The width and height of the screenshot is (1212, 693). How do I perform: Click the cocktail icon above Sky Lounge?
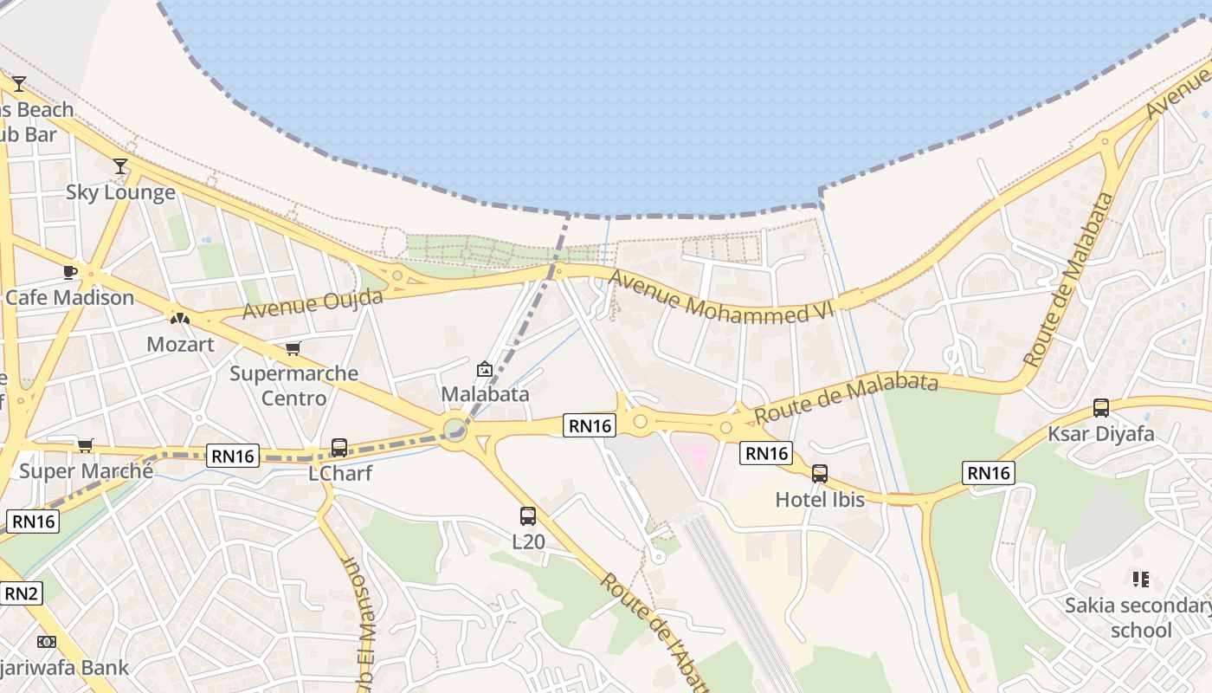click(x=120, y=166)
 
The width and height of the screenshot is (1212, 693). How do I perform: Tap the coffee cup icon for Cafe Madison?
click(x=70, y=272)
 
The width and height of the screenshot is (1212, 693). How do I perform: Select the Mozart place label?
click(x=180, y=344)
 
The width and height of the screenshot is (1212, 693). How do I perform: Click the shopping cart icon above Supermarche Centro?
click(x=293, y=348)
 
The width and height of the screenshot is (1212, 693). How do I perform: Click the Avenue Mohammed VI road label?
click(x=720, y=297)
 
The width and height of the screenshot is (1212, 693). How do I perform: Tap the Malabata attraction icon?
click(x=485, y=369)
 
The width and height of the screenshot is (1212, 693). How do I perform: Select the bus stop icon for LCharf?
click(x=339, y=448)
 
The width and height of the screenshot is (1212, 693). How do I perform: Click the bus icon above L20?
click(x=528, y=516)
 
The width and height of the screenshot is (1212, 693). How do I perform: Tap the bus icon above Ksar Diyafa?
click(x=1101, y=407)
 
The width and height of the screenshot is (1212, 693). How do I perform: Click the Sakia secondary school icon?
click(x=1140, y=579)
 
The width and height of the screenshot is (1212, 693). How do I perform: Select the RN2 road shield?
click(x=22, y=593)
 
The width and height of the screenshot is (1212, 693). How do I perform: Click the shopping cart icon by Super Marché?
click(x=85, y=445)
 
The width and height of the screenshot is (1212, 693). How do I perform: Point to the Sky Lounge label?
click(x=120, y=192)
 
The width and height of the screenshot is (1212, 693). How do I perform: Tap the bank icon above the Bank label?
click(x=47, y=642)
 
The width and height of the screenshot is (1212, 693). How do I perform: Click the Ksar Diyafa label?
click(x=1101, y=433)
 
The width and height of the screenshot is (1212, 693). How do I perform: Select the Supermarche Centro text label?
click(x=293, y=385)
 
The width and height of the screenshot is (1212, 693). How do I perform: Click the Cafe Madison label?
click(x=70, y=298)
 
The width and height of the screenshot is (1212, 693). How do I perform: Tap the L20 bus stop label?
click(x=528, y=542)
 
